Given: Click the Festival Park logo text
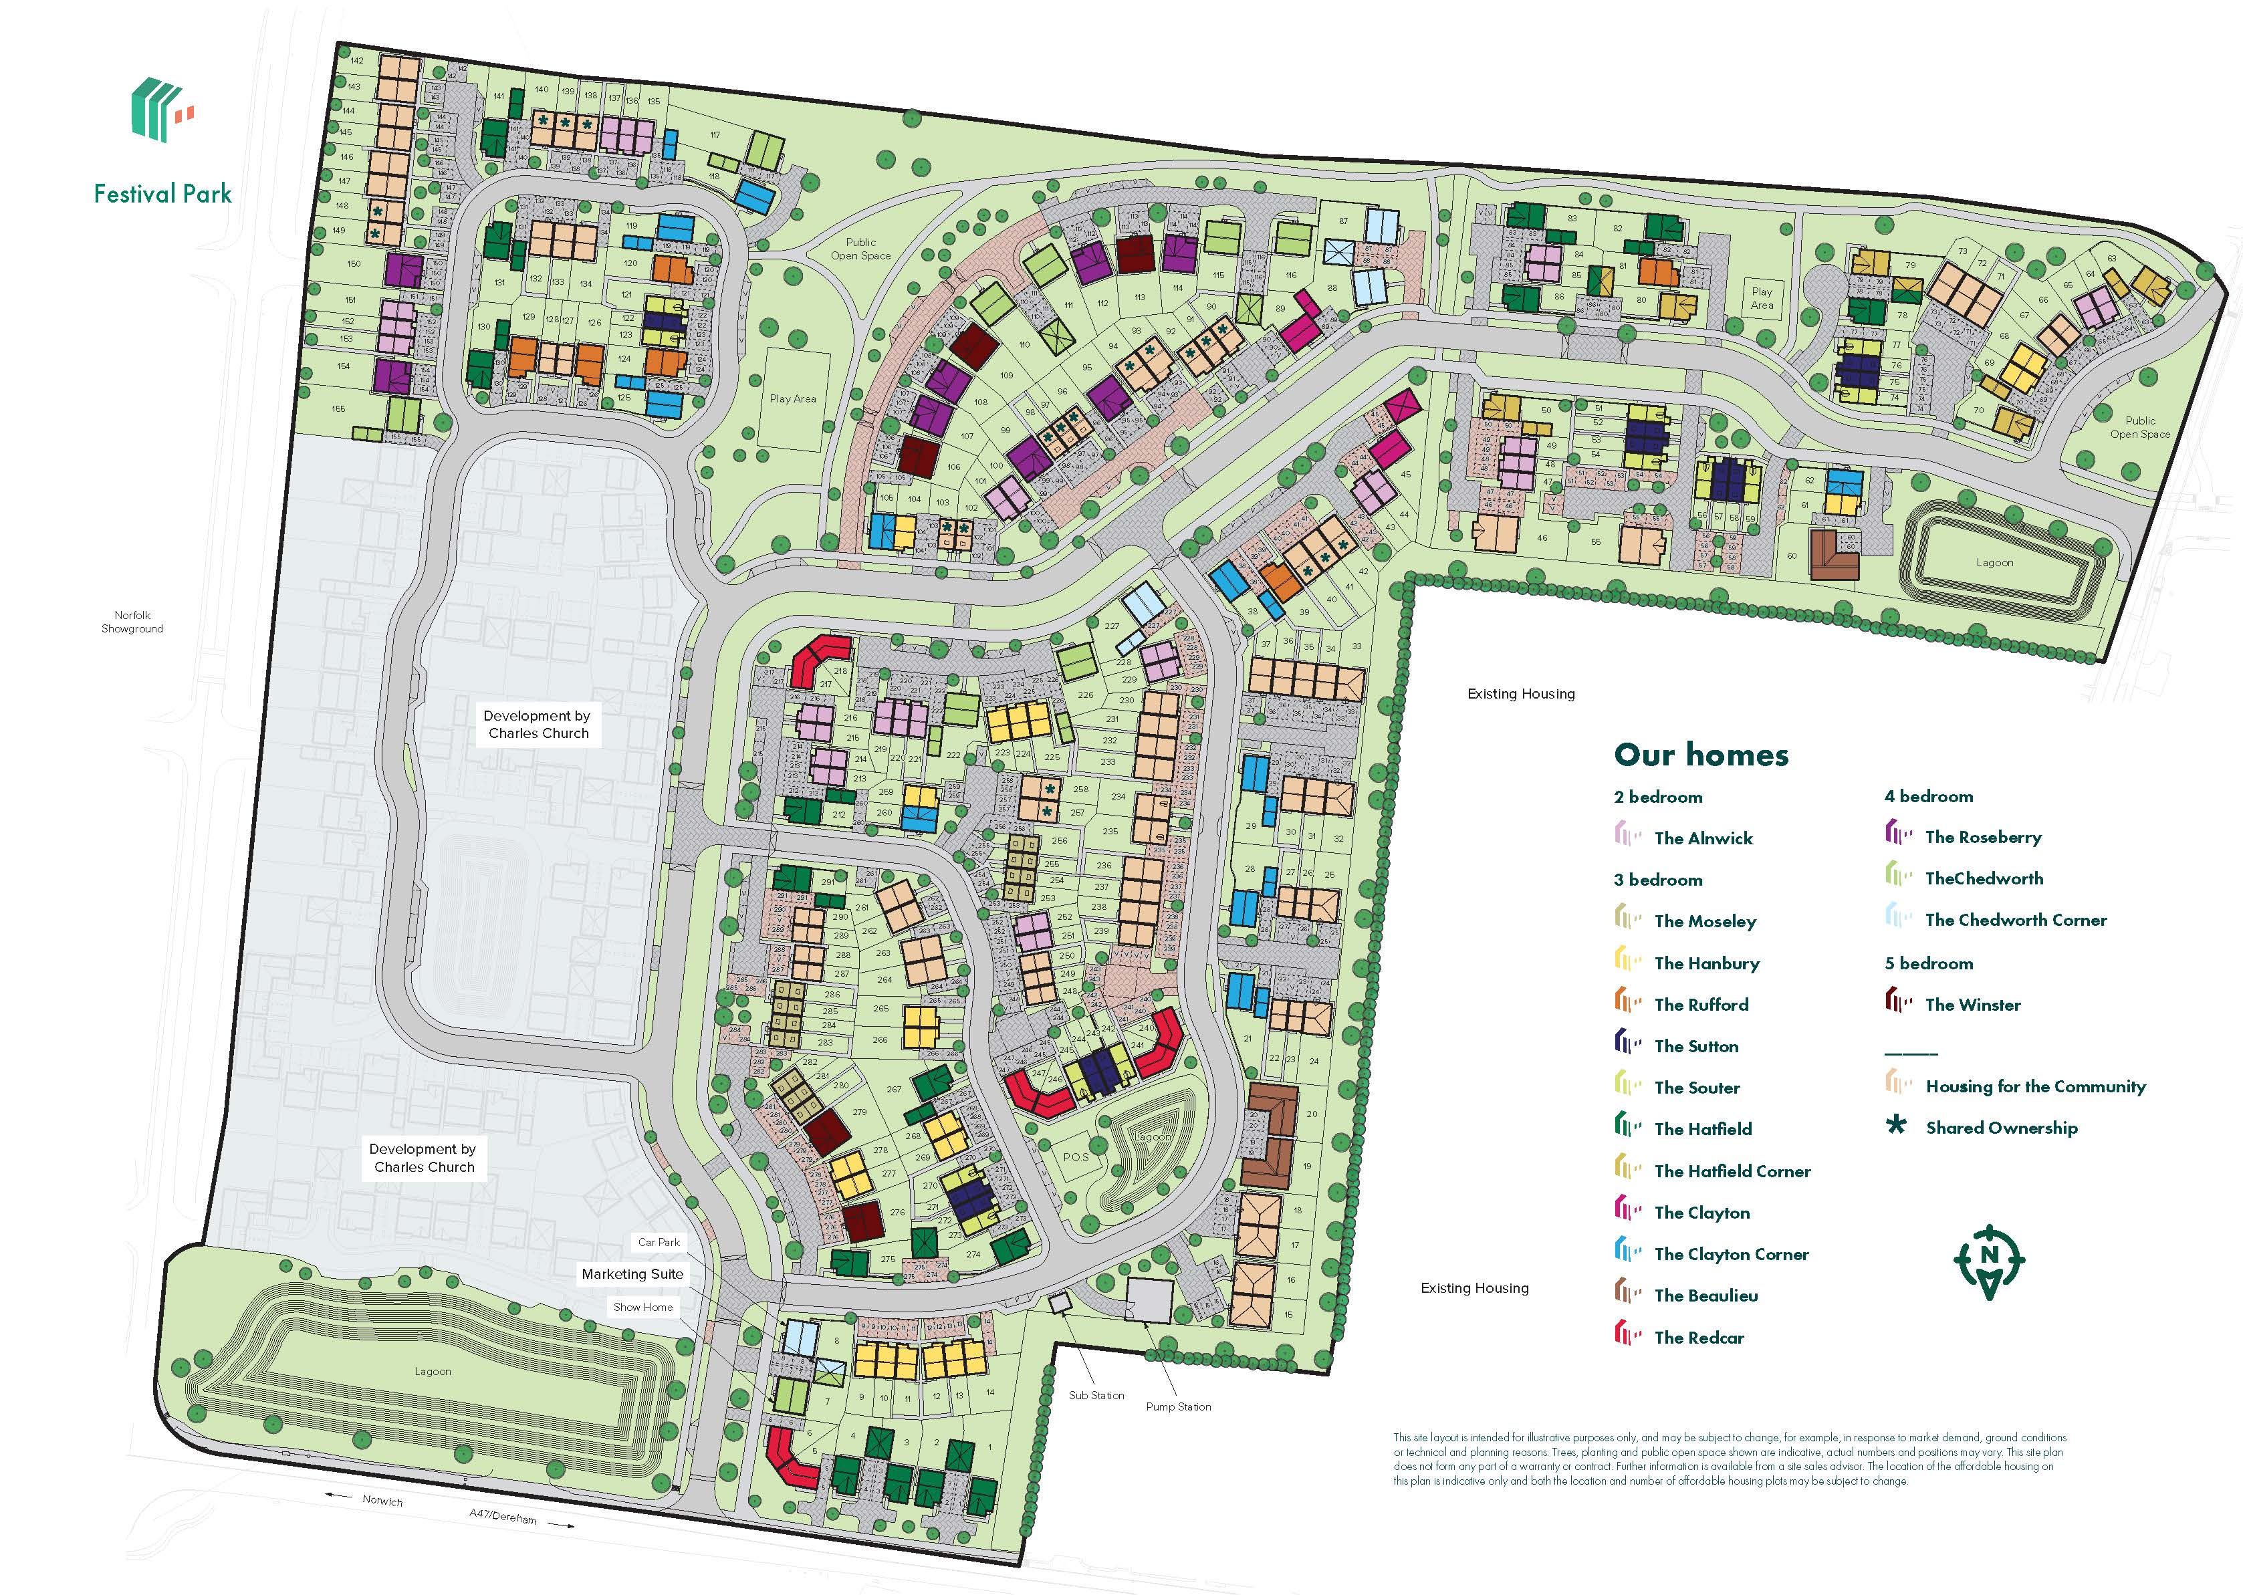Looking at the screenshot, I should coord(163,193).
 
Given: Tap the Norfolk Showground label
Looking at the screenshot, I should coord(132,622).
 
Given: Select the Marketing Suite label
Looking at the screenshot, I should coord(632,1274).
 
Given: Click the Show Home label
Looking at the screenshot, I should coord(643,1308).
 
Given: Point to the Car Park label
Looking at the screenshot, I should coord(659,1243).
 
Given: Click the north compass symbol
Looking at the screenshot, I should coord(1989,1261).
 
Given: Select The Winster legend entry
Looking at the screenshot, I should coord(1972,1005).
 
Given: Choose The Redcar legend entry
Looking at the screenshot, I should coord(1698,1338).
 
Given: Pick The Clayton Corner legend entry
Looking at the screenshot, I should coord(1730,1254).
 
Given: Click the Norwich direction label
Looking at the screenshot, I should coord(382,1501).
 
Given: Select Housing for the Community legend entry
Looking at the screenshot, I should coord(2035,1086).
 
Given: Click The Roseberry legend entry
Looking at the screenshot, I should coord(1983,838).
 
